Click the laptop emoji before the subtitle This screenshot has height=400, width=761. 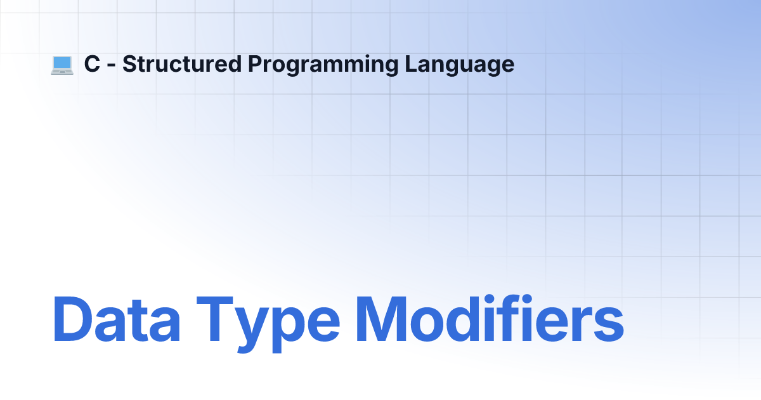click(62, 65)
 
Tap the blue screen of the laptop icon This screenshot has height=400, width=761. click(62, 63)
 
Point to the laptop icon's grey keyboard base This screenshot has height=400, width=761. click(62, 72)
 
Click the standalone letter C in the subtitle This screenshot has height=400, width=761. click(92, 64)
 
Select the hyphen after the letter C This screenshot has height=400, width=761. click(111, 66)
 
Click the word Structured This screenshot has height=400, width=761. click(182, 64)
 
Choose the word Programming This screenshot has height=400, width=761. click(323, 65)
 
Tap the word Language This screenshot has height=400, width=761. click(459, 65)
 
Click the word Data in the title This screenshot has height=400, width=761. click(117, 319)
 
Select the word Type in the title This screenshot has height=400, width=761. click(268, 324)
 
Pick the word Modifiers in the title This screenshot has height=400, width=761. click(490, 318)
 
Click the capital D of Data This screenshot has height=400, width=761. click(72, 319)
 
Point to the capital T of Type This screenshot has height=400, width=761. click(215, 319)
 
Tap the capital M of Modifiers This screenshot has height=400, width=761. click(381, 319)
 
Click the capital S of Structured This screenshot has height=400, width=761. click(130, 64)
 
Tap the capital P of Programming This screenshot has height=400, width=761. click(255, 64)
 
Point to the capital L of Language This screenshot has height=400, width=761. click(411, 64)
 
